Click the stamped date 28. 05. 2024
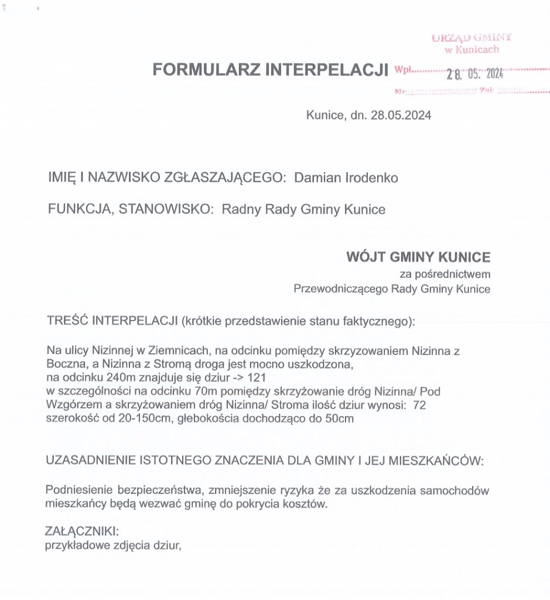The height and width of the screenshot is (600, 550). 474,74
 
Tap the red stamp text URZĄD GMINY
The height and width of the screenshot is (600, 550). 472,38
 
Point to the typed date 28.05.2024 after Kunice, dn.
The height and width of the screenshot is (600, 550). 401,115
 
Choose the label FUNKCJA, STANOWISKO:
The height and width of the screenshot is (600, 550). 130,210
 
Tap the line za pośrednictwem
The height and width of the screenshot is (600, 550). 445,274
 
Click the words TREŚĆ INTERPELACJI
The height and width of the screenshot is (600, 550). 112,321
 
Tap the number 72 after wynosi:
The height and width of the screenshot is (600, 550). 419,405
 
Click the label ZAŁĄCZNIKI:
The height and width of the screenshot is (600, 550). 82,532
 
